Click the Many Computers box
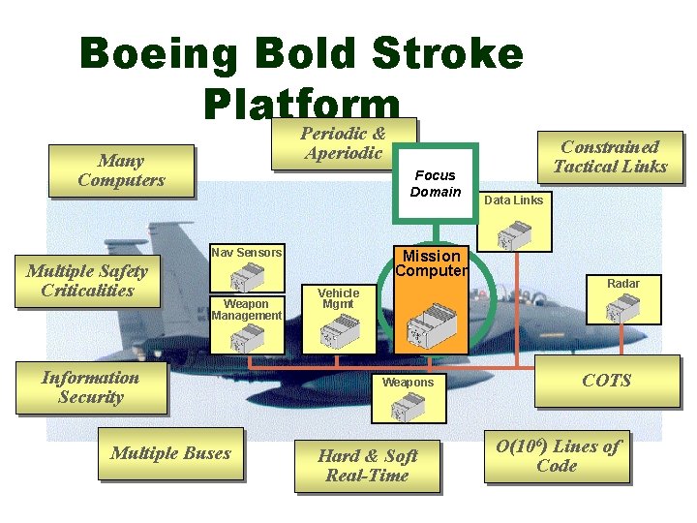[x=122, y=170]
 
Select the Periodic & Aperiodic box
[x=344, y=143]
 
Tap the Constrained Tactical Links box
[x=610, y=157]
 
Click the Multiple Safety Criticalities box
[x=86, y=281]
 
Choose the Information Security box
[x=90, y=387]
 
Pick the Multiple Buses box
[x=170, y=453]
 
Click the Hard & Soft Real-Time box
[x=367, y=466]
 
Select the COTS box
[x=606, y=381]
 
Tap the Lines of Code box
[x=557, y=456]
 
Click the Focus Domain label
[x=435, y=183]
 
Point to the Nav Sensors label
[x=247, y=253]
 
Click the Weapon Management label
[x=247, y=309]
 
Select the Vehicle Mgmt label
[x=338, y=298]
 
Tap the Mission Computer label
[x=431, y=262]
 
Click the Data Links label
[x=513, y=200]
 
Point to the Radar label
[x=623, y=284]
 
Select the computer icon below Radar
[x=621, y=311]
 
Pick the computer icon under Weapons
[x=406, y=409]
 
